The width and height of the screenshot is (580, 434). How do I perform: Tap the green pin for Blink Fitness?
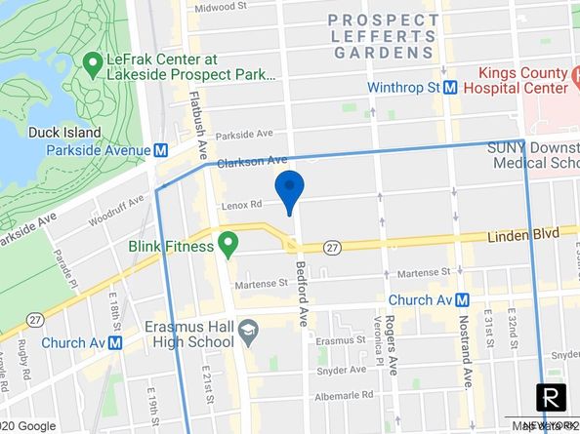tap(228, 244)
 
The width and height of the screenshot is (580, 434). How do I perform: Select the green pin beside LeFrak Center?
tap(95, 65)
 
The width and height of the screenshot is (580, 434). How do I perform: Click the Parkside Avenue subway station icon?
tap(161, 150)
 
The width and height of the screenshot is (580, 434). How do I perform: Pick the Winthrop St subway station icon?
tap(451, 87)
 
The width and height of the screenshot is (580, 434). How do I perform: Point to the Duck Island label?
tap(64, 132)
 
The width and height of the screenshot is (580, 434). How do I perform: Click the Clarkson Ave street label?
tap(252, 160)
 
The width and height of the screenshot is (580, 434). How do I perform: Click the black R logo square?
tap(553, 398)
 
